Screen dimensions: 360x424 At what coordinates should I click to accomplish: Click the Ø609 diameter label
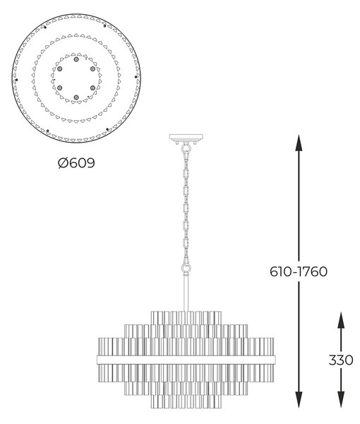[76, 163]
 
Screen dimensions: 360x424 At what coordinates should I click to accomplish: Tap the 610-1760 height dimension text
[299, 271]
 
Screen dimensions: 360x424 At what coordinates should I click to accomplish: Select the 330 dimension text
[341, 360]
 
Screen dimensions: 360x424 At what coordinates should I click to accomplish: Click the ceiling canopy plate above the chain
[186, 138]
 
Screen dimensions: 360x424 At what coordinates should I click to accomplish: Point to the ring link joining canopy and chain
[186, 148]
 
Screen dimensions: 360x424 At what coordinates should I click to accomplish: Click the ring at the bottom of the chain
[186, 269]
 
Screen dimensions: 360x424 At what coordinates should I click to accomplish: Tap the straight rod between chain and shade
[186, 292]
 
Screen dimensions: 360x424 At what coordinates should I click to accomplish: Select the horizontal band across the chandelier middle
[186, 360]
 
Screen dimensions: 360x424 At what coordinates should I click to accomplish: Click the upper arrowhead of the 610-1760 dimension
[299, 143]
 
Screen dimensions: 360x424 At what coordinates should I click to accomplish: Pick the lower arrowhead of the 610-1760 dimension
[299, 399]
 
